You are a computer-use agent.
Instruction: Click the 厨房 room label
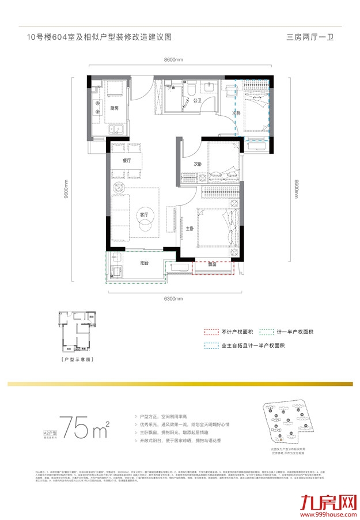114,108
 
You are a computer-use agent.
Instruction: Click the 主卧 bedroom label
190,229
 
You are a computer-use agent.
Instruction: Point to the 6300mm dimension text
173,299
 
